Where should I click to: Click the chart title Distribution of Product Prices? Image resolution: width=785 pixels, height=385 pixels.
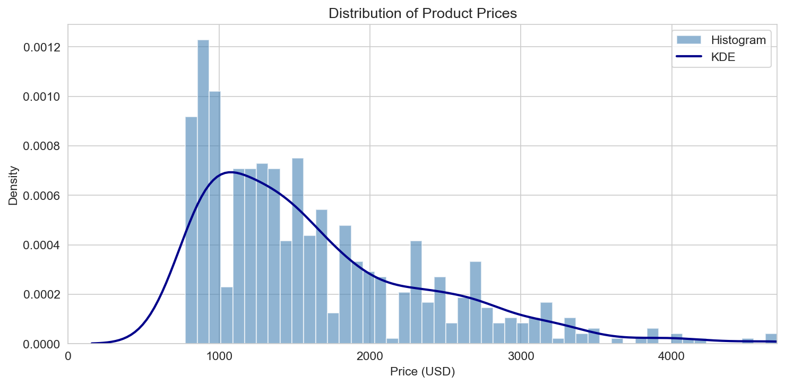coord(422,14)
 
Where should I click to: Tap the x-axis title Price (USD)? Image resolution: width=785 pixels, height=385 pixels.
coord(422,372)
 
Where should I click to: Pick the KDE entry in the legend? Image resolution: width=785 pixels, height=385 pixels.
coord(722,58)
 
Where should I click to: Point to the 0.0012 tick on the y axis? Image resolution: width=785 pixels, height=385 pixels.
coord(41,47)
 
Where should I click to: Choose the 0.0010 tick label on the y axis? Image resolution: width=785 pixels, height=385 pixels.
coord(41,97)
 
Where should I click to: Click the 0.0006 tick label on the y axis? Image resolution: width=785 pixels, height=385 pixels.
coord(41,196)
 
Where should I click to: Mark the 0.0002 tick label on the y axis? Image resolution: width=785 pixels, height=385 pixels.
coord(41,294)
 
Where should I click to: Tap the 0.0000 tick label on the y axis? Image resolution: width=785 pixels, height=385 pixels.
coord(41,344)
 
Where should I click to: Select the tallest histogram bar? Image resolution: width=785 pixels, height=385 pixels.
coord(203,191)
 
